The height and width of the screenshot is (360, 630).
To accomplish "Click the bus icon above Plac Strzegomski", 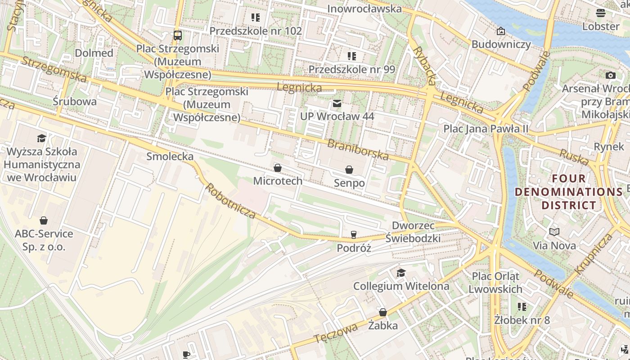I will click(x=178, y=35).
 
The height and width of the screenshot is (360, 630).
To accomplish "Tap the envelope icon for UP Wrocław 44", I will click(x=337, y=104).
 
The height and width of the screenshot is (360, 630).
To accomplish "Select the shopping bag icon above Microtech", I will click(x=278, y=168).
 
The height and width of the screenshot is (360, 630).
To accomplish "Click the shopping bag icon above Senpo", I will click(x=349, y=170).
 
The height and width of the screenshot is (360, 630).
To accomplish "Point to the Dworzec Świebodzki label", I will click(x=413, y=232).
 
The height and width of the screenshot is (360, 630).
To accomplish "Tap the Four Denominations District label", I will click(x=569, y=192).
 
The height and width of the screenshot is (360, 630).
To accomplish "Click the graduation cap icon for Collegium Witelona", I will click(x=400, y=273).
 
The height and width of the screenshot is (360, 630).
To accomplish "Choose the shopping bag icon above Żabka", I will click(x=382, y=312).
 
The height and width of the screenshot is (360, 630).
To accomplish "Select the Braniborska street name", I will click(x=358, y=150).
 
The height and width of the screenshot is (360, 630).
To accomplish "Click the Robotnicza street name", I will click(x=230, y=201).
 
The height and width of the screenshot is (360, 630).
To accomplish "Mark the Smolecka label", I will click(x=170, y=157).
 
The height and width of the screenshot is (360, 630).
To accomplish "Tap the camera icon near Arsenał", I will click(x=610, y=75).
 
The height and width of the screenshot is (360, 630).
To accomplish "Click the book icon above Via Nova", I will click(x=554, y=232).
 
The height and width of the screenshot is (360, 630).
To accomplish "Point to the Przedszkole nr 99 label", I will click(x=351, y=69).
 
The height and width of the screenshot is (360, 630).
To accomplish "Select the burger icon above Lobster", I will click(x=600, y=13).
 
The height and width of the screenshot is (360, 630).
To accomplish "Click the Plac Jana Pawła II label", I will click(x=486, y=129).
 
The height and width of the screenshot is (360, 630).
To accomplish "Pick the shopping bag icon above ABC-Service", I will click(x=44, y=220).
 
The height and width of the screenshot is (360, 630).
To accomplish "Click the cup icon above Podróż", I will click(x=354, y=234).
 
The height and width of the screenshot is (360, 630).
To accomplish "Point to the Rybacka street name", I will click(x=424, y=66).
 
